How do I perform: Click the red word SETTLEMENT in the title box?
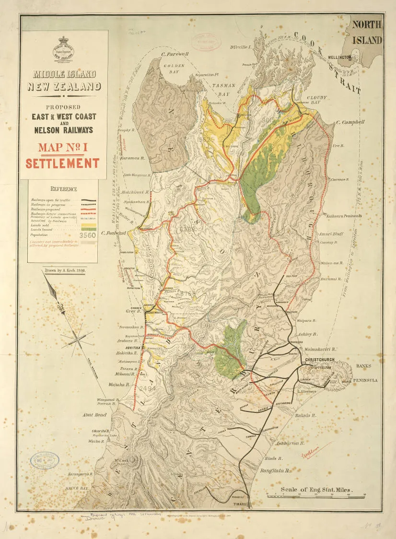(62, 163)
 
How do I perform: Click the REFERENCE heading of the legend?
(63, 189)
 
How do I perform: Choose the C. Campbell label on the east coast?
(350, 122)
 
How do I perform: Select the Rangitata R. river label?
(275, 471)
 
